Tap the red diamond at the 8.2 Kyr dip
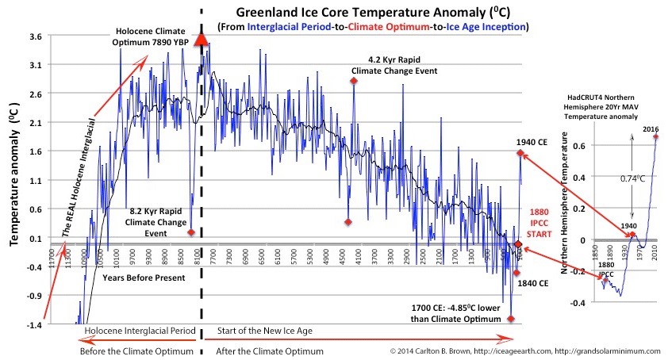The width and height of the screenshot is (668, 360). [191, 232]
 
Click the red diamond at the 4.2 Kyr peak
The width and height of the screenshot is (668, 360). [354, 81]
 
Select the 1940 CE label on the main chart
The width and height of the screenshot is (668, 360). [532, 142]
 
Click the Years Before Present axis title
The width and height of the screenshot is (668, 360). [143, 278]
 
